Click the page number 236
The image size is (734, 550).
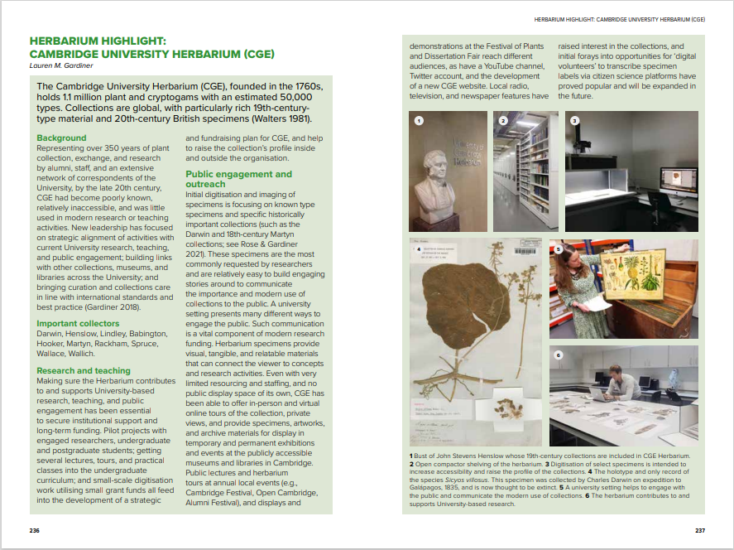click(34, 530)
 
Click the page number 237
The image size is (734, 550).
click(699, 530)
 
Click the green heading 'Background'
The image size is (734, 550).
click(61, 137)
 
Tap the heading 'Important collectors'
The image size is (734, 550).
click(78, 323)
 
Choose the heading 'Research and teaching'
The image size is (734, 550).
click(84, 370)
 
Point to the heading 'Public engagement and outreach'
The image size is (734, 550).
click(238, 179)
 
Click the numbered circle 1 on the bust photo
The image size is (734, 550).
click(419, 121)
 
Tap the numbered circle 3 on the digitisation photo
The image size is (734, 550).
click(574, 121)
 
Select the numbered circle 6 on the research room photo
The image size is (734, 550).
click(559, 355)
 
